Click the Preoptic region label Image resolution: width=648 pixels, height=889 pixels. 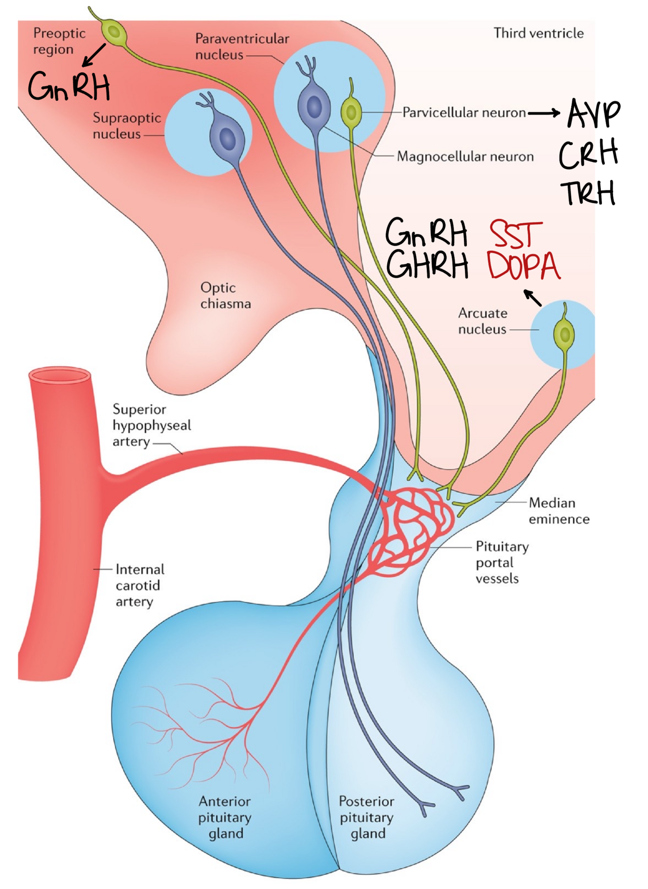(59, 41)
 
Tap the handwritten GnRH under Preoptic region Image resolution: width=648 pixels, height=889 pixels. (69, 86)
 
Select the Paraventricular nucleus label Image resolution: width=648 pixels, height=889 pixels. (241, 46)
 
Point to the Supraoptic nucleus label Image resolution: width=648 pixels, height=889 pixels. (126, 125)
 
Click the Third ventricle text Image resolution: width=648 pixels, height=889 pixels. (538, 33)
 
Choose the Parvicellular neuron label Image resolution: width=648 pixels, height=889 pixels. (464, 113)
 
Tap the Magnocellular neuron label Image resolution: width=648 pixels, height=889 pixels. (465, 156)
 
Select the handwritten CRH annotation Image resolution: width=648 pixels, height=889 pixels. (588, 154)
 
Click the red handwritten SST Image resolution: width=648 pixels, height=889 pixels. (516, 234)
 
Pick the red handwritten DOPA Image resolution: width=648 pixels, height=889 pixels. (524, 266)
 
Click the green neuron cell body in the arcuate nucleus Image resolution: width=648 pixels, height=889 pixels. (564, 333)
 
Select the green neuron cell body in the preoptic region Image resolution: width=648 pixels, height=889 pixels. (114, 33)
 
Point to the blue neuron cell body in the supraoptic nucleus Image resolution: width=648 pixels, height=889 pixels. (227, 138)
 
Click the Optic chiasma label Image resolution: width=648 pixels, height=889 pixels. (225, 295)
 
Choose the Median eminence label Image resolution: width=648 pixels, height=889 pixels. (559, 510)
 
